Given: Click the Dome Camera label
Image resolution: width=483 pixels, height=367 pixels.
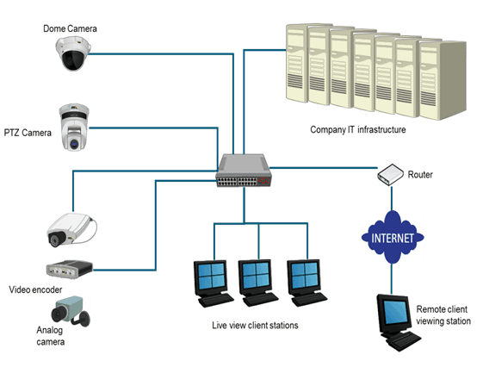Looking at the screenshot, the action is (x=70, y=28).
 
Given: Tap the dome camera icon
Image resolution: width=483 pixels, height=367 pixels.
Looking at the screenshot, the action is (x=73, y=53).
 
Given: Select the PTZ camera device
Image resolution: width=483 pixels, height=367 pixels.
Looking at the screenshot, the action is (x=74, y=128).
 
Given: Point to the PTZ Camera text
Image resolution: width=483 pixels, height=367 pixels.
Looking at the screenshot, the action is (x=28, y=133).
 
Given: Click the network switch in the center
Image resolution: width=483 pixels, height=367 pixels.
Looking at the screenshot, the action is (x=244, y=171).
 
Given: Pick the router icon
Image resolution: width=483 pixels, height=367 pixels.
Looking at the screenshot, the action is (x=390, y=174).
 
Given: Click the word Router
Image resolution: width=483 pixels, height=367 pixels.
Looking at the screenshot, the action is (x=420, y=175).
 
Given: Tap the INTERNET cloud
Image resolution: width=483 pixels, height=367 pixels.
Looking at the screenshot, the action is (x=393, y=237).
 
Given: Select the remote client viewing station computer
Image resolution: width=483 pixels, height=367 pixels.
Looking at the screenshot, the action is (x=399, y=322).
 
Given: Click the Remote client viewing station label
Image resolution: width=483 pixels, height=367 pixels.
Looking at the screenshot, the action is (x=443, y=315).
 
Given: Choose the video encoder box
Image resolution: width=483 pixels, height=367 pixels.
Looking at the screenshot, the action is (x=70, y=270).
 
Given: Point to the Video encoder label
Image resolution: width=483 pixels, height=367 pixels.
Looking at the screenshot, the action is (x=35, y=289).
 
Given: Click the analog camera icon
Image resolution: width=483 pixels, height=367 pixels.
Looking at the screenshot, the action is (x=71, y=311).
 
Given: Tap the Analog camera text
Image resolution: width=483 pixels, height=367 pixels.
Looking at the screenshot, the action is (x=50, y=336).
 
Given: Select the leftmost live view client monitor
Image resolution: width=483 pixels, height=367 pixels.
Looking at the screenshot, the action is (x=214, y=283).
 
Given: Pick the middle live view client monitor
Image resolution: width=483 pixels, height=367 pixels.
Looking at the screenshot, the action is (x=258, y=283).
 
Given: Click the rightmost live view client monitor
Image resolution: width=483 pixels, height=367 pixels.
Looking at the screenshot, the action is (x=307, y=283).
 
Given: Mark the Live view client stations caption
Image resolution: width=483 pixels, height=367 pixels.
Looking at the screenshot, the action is (x=255, y=326).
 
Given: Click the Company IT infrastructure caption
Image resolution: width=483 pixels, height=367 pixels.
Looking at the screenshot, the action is (x=358, y=130).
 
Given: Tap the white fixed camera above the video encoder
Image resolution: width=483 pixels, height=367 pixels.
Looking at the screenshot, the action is (x=71, y=229).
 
